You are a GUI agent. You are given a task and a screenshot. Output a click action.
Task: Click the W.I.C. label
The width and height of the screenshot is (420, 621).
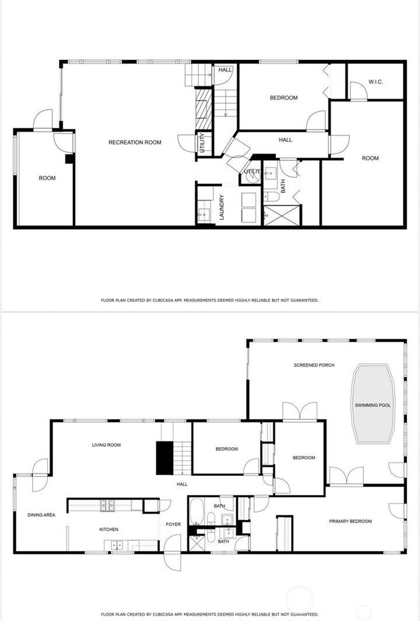[376, 82]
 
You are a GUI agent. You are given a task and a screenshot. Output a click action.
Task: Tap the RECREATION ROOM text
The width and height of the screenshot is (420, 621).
[135, 142]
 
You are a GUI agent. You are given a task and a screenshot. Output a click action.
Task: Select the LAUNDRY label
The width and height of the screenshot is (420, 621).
[222, 207]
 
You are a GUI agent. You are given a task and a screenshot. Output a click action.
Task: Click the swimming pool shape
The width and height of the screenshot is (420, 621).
[373, 404]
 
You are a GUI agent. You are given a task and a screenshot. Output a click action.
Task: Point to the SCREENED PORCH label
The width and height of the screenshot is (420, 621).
[314, 365]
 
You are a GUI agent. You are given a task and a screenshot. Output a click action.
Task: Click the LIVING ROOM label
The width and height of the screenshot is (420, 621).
[106, 445]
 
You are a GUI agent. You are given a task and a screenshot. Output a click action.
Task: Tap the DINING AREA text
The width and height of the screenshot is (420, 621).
[41, 515]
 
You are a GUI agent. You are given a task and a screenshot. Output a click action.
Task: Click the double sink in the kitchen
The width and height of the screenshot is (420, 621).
[116, 546]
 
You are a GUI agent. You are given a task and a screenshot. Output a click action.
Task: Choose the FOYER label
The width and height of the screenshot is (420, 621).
[173, 524]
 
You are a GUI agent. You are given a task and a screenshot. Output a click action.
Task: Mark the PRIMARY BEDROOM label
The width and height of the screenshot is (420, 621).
[350, 521]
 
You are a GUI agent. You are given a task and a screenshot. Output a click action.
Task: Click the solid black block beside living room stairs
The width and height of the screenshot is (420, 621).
[164, 458]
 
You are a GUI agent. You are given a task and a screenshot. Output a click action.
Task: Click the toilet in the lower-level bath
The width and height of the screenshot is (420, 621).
[272, 197]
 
